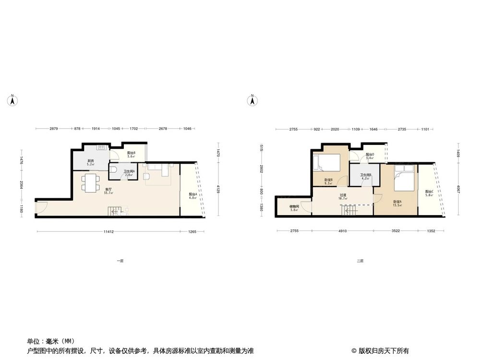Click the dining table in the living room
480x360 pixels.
90,182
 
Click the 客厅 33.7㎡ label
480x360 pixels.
108,191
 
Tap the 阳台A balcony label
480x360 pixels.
193,195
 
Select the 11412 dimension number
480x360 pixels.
109,232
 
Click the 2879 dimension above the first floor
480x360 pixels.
54,129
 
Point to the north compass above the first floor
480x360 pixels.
12,100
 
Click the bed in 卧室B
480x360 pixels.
327,163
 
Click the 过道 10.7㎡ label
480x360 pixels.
343,197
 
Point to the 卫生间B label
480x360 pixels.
366,177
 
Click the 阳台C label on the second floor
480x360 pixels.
429,193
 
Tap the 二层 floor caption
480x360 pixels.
360,261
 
